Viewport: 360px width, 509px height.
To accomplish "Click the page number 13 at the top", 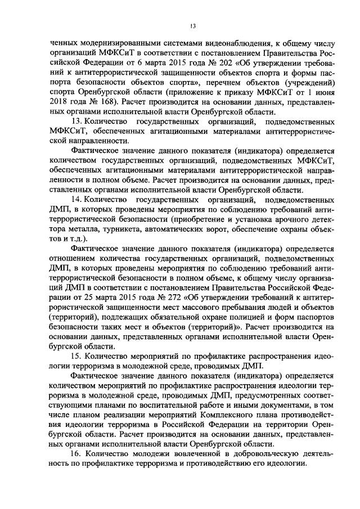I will point(193,26).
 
